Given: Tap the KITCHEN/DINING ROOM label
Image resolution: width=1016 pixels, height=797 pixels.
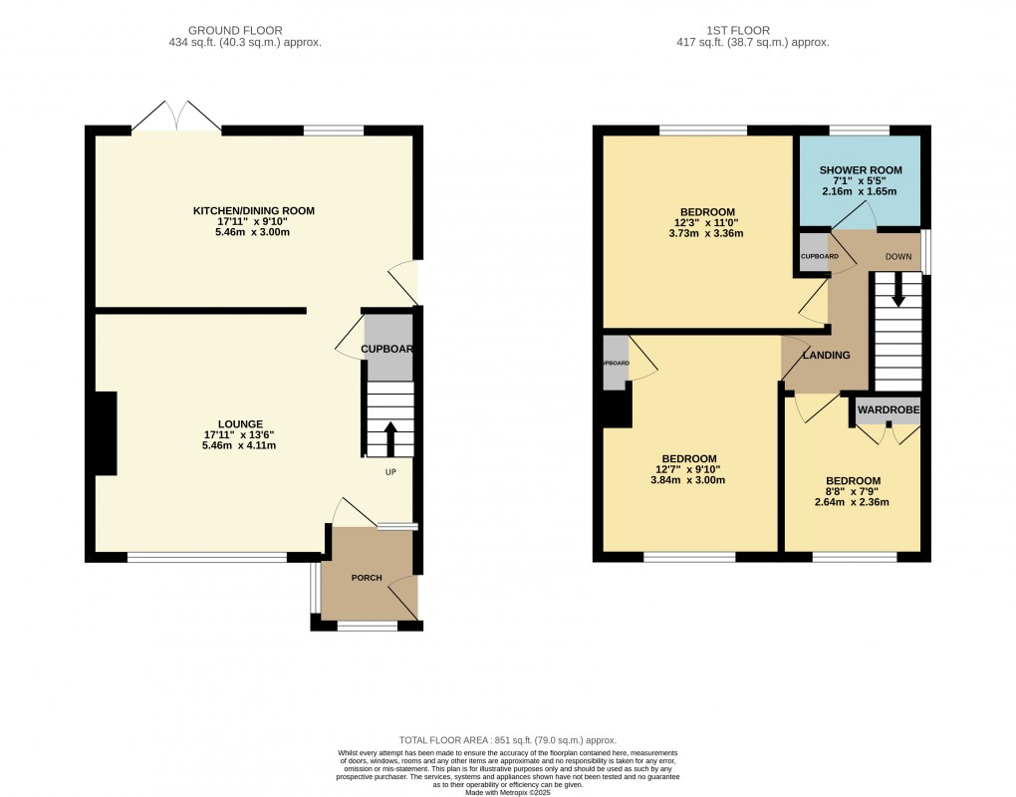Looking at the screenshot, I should pyautogui.click(x=254, y=210).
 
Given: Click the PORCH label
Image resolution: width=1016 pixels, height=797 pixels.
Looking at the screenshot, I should pyautogui.click(x=367, y=578).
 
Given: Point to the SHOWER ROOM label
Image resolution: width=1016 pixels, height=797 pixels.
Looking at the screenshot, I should pyautogui.click(x=860, y=169).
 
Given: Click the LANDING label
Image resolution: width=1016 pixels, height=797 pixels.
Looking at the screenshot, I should pyautogui.click(x=827, y=355).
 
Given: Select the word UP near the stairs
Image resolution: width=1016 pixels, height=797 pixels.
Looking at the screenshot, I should pyautogui.click(x=391, y=472).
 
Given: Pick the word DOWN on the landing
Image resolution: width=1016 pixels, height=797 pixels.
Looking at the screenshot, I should pyautogui.click(x=898, y=256).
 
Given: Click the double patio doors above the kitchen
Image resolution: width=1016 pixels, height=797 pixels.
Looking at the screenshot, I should pyautogui.click(x=176, y=118).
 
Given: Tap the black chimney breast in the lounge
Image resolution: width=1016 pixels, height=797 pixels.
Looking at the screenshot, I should pyautogui.click(x=106, y=433).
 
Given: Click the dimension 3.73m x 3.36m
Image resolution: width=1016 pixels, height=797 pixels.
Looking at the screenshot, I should pyautogui.click(x=708, y=234).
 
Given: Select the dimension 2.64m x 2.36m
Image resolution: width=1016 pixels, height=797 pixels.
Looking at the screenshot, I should pyautogui.click(x=853, y=502).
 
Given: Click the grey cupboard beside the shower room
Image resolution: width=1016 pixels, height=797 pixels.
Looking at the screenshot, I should pyautogui.click(x=814, y=253).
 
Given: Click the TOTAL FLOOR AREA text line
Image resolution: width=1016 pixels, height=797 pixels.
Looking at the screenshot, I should pyautogui.click(x=508, y=740).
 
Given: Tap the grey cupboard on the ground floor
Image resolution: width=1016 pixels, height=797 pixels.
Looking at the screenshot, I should pyautogui.click(x=388, y=347).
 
